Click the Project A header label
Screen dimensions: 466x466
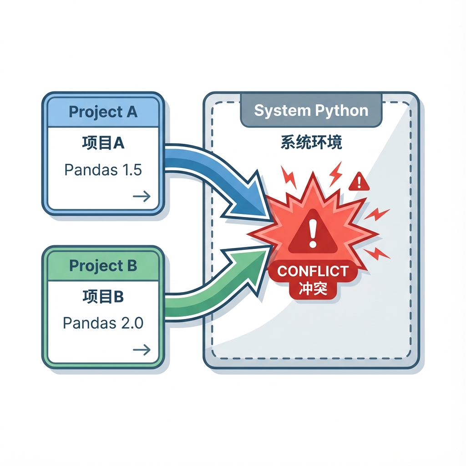(x=103, y=112)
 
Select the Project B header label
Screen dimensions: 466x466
(x=103, y=266)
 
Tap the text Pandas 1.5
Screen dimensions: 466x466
(x=103, y=170)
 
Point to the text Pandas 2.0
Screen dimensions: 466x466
(x=103, y=323)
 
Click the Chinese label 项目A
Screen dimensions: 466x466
(x=103, y=143)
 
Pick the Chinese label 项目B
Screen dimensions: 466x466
(x=103, y=296)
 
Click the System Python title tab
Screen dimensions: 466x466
(x=311, y=111)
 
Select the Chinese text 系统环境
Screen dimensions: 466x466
(x=311, y=142)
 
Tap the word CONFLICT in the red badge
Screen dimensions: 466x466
(x=313, y=271)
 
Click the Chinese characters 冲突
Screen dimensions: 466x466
(x=313, y=289)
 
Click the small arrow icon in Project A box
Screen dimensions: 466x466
(x=142, y=196)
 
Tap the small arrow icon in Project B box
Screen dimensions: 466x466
(x=142, y=349)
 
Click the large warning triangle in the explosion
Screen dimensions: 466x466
(x=312, y=233)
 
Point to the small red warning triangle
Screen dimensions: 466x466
(x=360, y=182)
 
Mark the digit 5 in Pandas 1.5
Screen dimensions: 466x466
(x=136, y=170)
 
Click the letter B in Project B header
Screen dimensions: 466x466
(x=132, y=266)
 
